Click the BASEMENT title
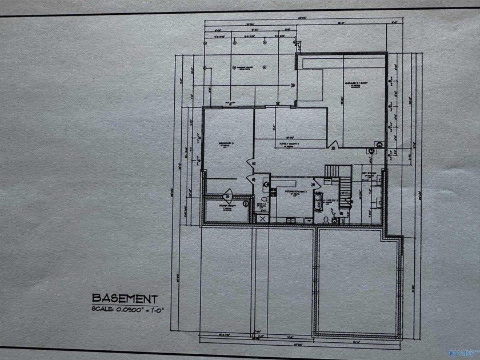(125, 298)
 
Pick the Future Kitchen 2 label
(297, 193)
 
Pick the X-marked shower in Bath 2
(262, 218)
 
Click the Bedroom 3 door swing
(250, 163)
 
